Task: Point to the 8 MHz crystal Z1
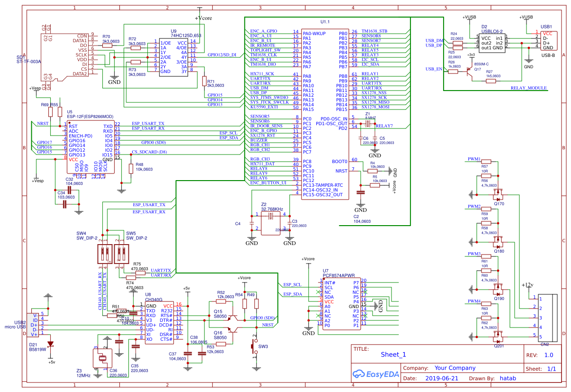367,124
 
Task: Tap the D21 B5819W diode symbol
50,344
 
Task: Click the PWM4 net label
474,301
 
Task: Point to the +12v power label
527,285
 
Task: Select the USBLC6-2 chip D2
492,43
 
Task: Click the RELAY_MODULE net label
529,88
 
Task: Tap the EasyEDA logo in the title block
374,374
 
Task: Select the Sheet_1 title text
393,355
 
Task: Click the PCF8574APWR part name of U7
339,274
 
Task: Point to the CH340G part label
154,300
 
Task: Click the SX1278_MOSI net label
375,107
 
